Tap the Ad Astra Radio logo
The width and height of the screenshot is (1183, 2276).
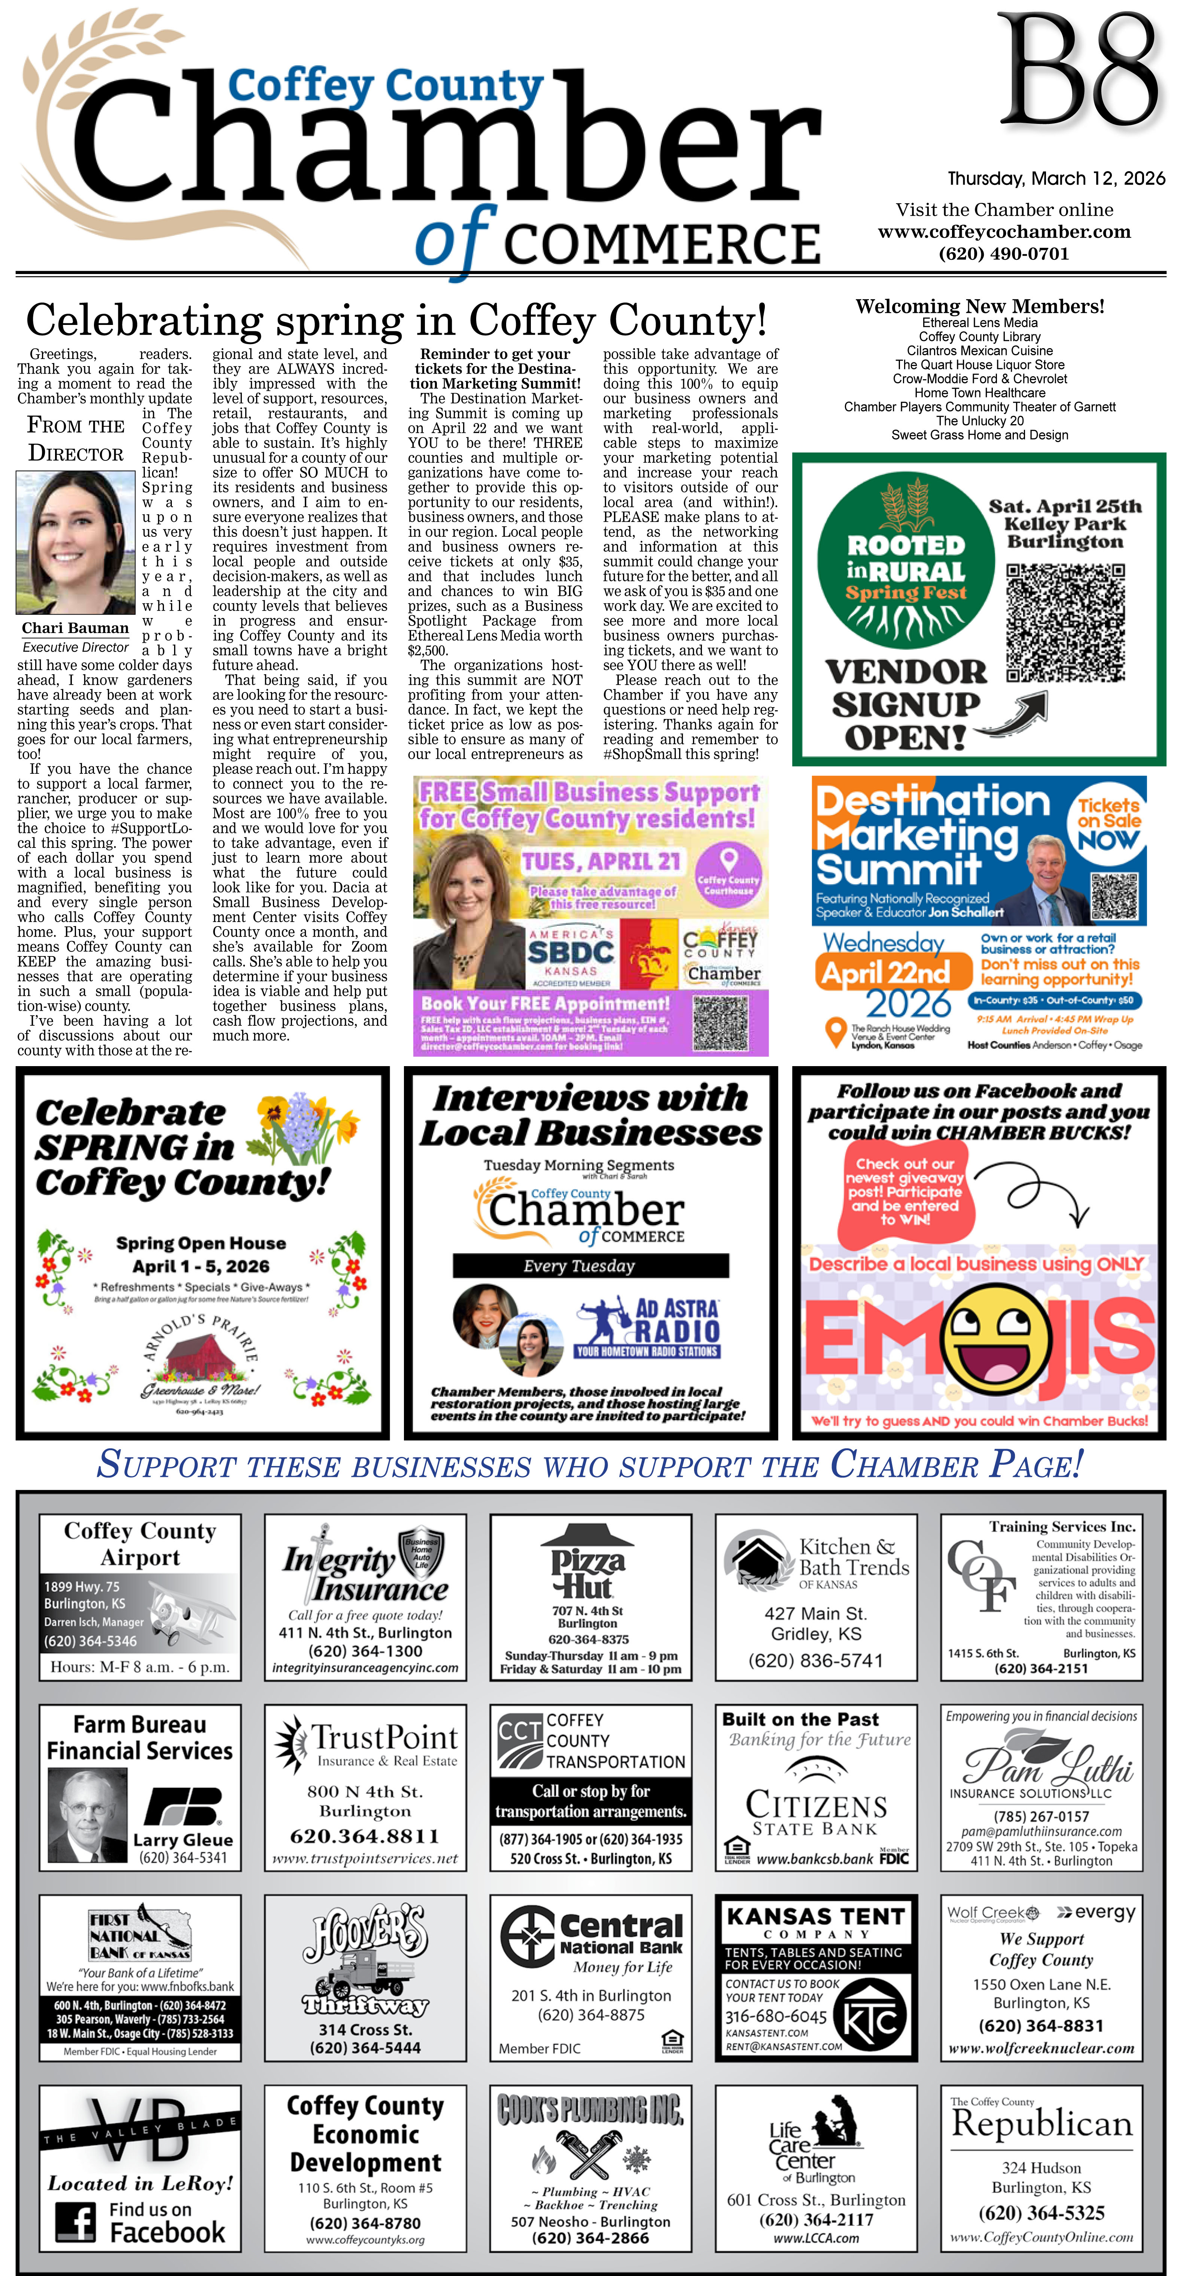(648, 1325)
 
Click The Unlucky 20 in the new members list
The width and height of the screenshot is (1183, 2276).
(980, 420)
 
